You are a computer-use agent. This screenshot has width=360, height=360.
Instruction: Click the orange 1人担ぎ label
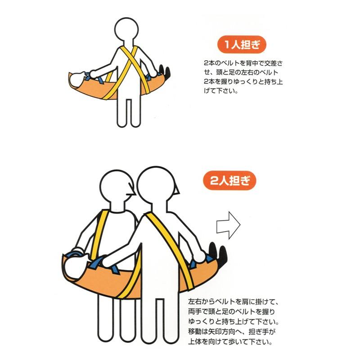tap(242, 44)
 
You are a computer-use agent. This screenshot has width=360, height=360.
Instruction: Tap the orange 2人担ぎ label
tap(229, 180)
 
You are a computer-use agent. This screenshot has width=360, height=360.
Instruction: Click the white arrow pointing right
tap(229, 225)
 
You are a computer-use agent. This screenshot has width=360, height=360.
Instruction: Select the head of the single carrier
tap(126, 30)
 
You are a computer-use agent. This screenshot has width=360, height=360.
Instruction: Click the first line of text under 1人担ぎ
tap(243, 63)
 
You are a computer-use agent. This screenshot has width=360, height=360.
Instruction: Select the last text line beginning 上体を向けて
tap(230, 342)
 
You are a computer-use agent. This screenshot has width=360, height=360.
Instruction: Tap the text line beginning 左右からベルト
tap(233, 301)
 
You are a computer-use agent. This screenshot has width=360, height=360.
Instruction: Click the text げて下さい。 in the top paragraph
tap(220, 91)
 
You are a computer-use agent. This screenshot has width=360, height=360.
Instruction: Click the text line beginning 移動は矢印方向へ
tap(232, 332)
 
